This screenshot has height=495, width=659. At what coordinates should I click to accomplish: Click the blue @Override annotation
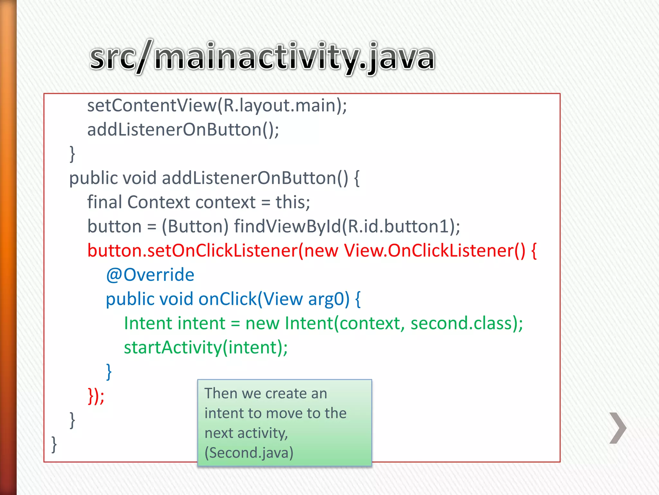tap(150, 275)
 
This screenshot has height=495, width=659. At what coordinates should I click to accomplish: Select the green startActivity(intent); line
tap(206, 348)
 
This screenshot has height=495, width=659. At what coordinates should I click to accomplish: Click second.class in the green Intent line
tap(461, 323)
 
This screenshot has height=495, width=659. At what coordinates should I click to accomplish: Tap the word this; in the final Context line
tap(292, 202)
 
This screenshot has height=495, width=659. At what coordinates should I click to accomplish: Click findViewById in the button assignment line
tap(287, 227)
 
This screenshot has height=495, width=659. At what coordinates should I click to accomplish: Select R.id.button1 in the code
tap(398, 227)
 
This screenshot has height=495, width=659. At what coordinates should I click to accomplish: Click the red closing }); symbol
tap(96, 396)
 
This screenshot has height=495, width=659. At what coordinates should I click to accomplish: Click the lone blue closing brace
tap(109, 372)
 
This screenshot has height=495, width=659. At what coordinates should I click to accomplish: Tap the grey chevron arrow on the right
tap(618, 428)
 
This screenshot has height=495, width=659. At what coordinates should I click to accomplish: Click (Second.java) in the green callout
tap(249, 453)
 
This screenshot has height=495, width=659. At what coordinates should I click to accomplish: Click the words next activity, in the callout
tap(246, 433)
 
